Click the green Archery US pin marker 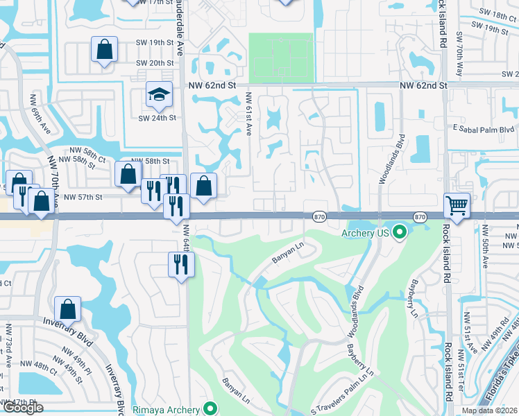point(399,232)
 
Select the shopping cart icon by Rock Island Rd point(457,205)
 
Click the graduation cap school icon point(159,95)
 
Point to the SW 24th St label point(157,117)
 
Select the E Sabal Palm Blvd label point(483,129)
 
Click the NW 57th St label point(83,197)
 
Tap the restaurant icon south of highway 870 point(181,264)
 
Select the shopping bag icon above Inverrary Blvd point(68,309)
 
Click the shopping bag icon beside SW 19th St point(103,50)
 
